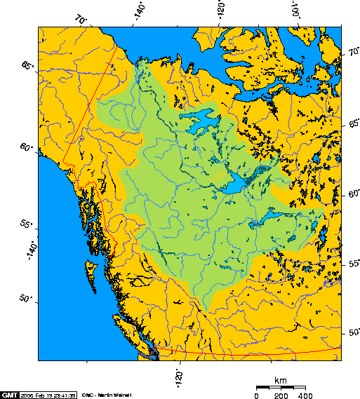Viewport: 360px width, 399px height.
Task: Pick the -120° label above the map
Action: [222, 11]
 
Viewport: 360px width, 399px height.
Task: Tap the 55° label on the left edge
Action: [27, 224]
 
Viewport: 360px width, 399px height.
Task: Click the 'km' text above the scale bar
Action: [281, 380]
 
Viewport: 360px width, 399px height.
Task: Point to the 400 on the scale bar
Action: [305, 395]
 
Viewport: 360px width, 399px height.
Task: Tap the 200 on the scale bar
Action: [281, 395]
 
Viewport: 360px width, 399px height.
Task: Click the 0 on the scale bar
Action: [256, 395]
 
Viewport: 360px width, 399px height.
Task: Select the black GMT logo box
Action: [10, 394]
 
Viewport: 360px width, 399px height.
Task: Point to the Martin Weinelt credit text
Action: [104, 394]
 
